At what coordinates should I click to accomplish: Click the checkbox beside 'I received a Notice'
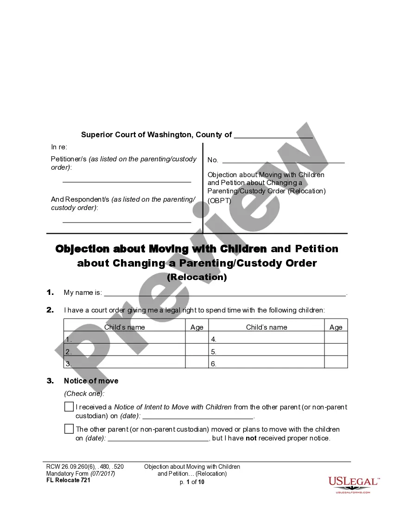tap(69, 407)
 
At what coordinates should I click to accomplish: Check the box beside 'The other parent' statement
tap(69, 429)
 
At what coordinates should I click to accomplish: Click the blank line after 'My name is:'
tap(225, 293)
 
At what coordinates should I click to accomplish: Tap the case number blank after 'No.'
tap(283, 160)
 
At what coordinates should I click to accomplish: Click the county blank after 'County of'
tap(273, 135)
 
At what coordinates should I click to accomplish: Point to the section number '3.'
tap(51, 381)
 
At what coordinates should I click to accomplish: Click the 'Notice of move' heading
tap(91, 381)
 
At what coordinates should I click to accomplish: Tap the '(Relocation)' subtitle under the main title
tap(197, 277)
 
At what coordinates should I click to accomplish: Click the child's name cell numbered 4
tap(267, 339)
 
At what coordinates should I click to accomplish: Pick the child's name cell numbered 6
tap(267, 364)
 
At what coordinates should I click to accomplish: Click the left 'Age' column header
tap(197, 327)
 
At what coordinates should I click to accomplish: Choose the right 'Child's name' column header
tap(267, 327)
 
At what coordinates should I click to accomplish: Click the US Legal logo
tap(354, 484)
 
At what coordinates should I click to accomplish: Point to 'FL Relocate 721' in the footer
tap(68, 480)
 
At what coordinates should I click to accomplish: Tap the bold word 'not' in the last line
tap(251, 438)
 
